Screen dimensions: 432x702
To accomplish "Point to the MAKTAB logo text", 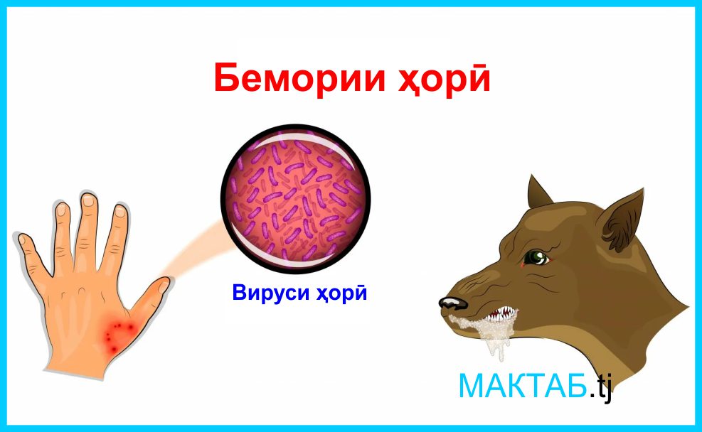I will (x=523, y=386).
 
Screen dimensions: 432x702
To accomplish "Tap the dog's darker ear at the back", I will (x=538, y=195).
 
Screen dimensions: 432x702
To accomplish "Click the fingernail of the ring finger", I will (x=62, y=210).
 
